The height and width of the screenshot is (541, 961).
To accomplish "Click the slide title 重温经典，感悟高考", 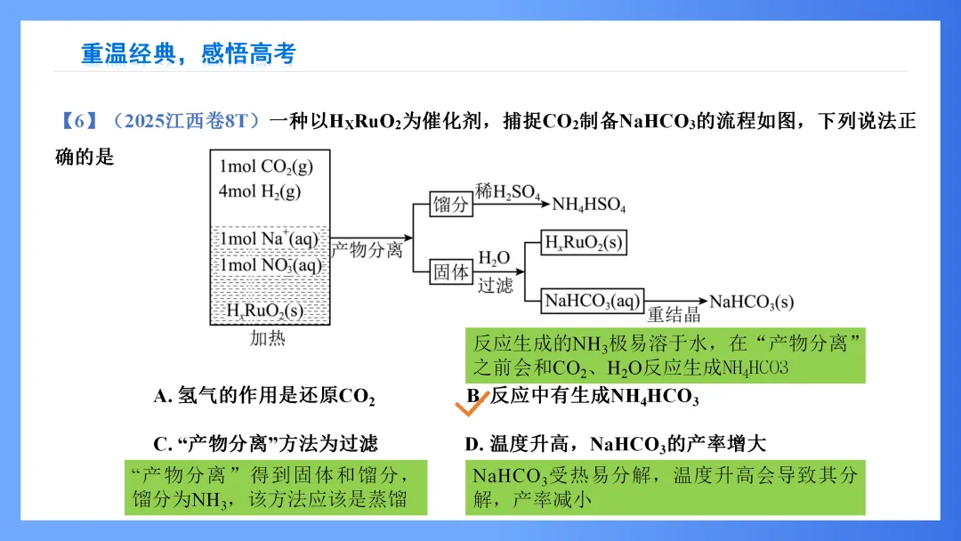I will coord(188,53).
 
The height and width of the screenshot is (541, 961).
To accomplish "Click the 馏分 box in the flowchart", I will coord(450,204).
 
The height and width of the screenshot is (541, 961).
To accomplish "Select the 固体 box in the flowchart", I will coord(450,271).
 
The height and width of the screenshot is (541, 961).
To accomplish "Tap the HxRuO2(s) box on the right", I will coord(584,243).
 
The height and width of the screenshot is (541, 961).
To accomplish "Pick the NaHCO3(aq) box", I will coord(593,301).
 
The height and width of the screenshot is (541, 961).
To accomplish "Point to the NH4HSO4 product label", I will coord(589,205).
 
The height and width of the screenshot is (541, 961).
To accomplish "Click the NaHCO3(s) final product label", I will coord(751,303).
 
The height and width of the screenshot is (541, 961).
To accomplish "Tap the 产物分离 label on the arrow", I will coord(367,250).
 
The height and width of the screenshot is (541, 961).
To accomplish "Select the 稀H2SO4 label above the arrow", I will coord(507,191).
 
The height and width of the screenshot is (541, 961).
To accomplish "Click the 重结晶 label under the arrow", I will coord(674,314).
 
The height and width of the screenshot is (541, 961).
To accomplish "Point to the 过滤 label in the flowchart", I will coord(496,285).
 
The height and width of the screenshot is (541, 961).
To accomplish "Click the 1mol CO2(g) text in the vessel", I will coord(266,166).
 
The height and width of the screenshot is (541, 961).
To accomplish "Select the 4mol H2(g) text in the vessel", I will coord(260,191).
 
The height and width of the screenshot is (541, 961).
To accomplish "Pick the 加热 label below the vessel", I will coord(268,338).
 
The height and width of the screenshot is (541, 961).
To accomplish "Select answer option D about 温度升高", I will coord(615,444).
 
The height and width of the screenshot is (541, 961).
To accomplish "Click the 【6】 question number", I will coord(75,121).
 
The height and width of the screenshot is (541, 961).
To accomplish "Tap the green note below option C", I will coord(276,487).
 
